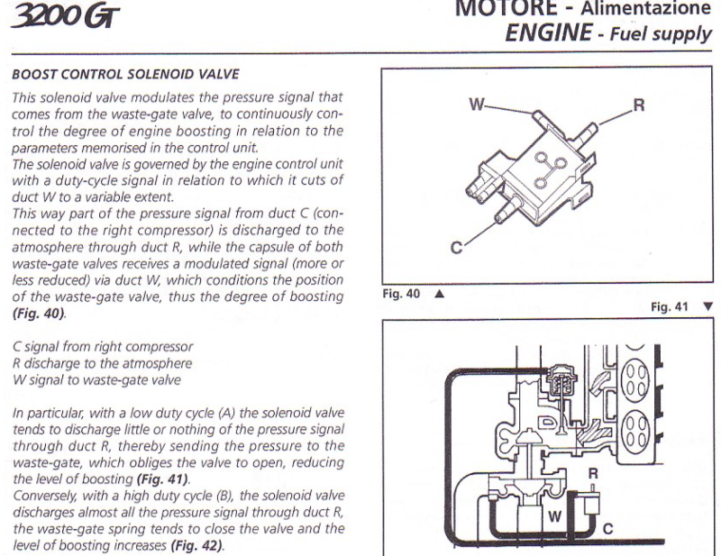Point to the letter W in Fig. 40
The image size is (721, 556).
tap(478, 105)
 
